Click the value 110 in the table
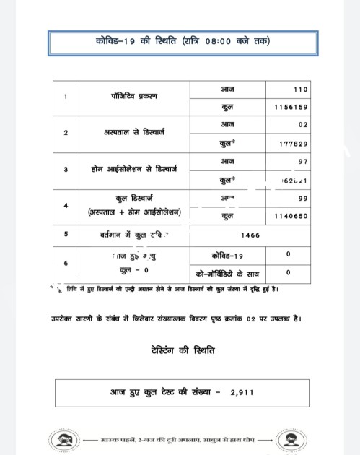click(300, 90)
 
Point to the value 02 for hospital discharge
click(303, 125)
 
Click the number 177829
click(294, 143)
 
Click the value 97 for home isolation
click(303, 160)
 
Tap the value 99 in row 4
click(303, 196)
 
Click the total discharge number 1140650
click(291, 214)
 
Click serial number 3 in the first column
click(66, 169)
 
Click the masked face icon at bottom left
click(61, 439)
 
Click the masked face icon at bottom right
click(297, 439)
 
